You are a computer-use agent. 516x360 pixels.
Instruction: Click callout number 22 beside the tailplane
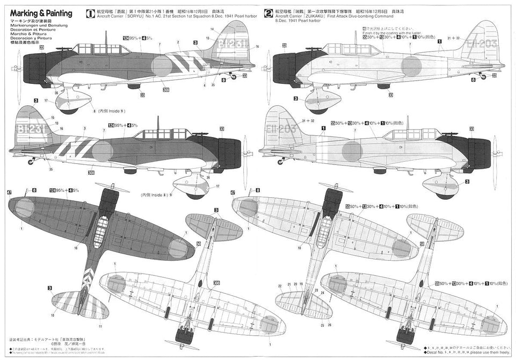point(289,284)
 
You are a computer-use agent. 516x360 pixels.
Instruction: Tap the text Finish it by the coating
point(391,33)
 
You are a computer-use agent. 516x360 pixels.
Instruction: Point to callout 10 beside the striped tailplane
point(53,315)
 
